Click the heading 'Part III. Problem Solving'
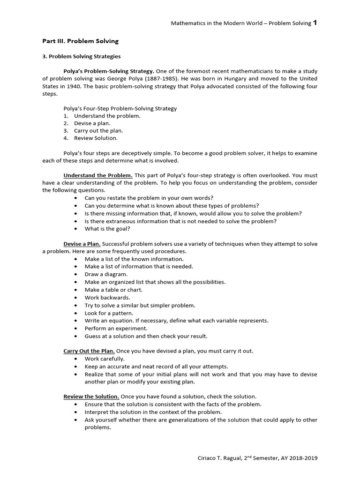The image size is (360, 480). click(x=80, y=41)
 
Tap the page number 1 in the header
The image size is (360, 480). click(x=315, y=22)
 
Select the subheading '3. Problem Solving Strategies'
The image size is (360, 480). click(x=81, y=56)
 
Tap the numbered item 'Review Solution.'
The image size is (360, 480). click(x=96, y=138)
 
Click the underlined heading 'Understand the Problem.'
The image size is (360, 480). click(x=98, y=175)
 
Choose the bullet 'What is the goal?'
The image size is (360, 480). click(x=107, y=229)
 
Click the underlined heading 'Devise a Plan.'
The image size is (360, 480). click(x=82, y=244)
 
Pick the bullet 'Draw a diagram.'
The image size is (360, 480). click(x=106, y=274)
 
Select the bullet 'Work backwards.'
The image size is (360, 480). click(x=107, y=297)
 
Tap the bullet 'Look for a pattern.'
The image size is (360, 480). click(x=109, y=313)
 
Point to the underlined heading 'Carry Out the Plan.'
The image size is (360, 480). click(x=89, y=351)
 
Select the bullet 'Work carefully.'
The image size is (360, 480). click(x=105, y=359)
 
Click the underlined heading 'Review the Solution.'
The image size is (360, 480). click(x=91, y=397)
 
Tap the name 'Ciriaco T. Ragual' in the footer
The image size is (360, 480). click(x=219, y=458)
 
